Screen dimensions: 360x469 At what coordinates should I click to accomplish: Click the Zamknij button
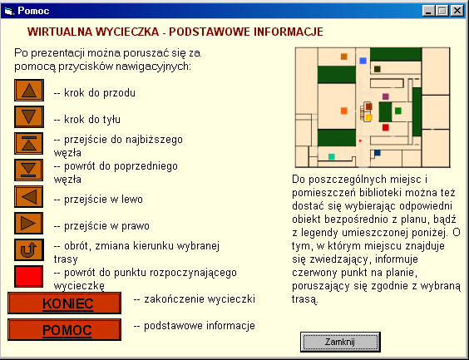point(340,342)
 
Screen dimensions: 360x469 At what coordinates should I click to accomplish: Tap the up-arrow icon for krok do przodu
point(29,91)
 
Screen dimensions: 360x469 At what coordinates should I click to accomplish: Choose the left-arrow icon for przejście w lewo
point(29,197)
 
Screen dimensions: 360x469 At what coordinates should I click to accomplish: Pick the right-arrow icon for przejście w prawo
point(29,224)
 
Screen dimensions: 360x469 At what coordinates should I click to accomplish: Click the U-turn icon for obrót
point(29,250)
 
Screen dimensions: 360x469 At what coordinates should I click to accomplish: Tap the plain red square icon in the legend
point(29,277)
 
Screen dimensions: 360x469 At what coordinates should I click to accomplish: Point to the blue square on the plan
point(363,61)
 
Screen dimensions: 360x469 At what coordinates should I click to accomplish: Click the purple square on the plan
point(385,96)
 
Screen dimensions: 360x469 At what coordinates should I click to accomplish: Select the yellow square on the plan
point(368,117)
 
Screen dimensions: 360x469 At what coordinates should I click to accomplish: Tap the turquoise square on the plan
point(332,156)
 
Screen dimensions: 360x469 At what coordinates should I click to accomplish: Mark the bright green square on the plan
point(397,110)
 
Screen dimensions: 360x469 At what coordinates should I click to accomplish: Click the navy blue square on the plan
point(377,153)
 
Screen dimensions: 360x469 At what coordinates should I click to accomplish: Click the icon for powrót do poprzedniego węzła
point(29,170)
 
